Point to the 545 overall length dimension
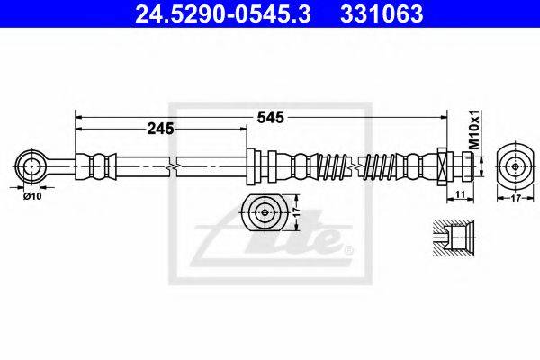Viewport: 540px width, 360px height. coord(271,116)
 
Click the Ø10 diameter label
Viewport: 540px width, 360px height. coord(33,195)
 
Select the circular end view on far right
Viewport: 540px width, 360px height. coord(516,166)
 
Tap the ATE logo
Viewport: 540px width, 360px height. coord(271,241)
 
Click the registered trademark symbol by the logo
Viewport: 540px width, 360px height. coord(349,250)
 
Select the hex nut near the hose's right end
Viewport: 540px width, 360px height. coord(443,166)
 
